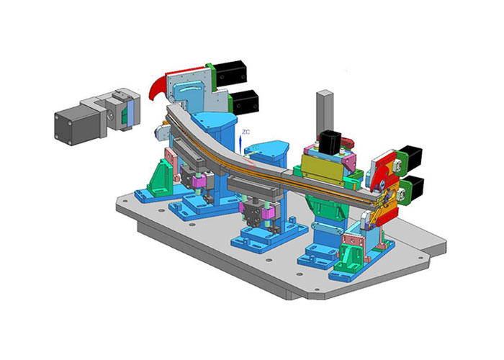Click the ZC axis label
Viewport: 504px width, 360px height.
click(x=246, y=132)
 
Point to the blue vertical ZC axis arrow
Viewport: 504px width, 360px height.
click(x=240, y=144)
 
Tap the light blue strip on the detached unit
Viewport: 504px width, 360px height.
click(x=130, y=113)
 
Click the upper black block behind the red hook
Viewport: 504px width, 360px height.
click(x=230, y=73)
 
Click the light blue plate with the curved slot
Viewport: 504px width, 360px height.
click(x=189, y=93)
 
